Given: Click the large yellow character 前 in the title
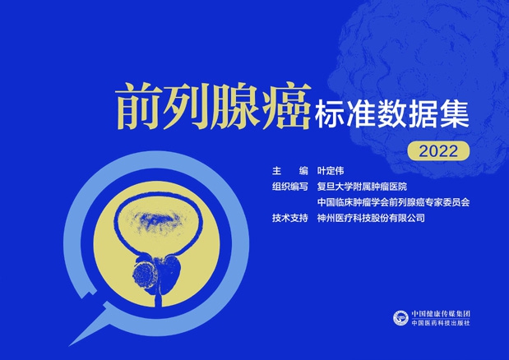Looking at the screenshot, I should pyautogui.click(x=138, y=105).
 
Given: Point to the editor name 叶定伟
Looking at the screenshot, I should pyautogui.click(x=333, y=172).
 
